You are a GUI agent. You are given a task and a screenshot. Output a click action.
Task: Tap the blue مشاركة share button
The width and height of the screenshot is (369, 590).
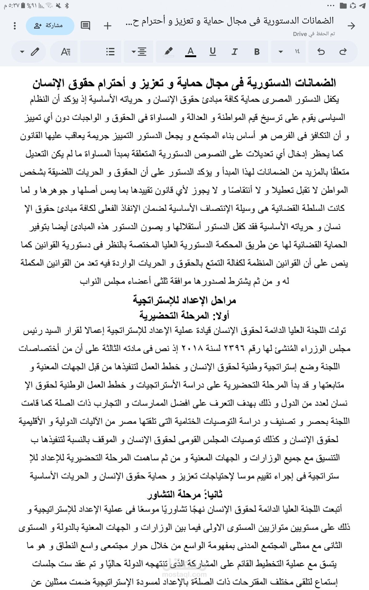click(50, 26)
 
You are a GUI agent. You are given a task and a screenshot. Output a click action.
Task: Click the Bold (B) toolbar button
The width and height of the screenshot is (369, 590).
click(257, 52)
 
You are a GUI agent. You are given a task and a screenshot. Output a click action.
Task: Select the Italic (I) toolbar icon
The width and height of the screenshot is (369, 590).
click(234, 52)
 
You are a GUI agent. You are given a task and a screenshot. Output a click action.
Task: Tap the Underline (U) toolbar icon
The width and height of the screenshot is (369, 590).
click(212, 51)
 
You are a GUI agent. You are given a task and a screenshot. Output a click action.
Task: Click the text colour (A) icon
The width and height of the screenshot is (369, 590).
click(191, 51)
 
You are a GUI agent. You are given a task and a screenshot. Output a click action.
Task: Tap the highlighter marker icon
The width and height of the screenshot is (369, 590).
click(168, 51)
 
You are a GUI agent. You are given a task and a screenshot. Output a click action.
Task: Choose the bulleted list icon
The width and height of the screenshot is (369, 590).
click(110, 52)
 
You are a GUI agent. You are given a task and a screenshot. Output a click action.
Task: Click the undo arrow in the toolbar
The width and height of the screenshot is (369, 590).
click(321, 52)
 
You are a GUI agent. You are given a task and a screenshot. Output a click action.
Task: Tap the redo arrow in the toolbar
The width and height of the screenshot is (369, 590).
click(343, 52)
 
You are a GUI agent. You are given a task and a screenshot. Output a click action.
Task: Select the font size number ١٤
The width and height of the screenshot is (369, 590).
click(297, 52)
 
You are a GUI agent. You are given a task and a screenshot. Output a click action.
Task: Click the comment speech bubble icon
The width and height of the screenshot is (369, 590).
click(85, 26)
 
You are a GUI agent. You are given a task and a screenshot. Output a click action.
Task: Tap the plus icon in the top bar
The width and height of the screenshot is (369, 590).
click(107, 26)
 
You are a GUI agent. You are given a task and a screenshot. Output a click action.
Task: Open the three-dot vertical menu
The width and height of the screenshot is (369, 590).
click(14, 26)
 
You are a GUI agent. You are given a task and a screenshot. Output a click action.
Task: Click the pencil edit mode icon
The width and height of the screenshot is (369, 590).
click(35, 52)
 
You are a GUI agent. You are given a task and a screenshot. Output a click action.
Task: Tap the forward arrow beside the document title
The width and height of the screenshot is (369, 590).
click(351, 26)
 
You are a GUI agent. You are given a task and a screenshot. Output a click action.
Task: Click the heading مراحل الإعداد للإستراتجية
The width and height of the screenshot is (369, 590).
click(184, 300)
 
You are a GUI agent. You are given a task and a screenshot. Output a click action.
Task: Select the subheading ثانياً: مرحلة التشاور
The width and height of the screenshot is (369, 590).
click(184, 494)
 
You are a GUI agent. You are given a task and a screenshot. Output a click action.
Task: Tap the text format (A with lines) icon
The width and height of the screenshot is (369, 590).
click(65, 52)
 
